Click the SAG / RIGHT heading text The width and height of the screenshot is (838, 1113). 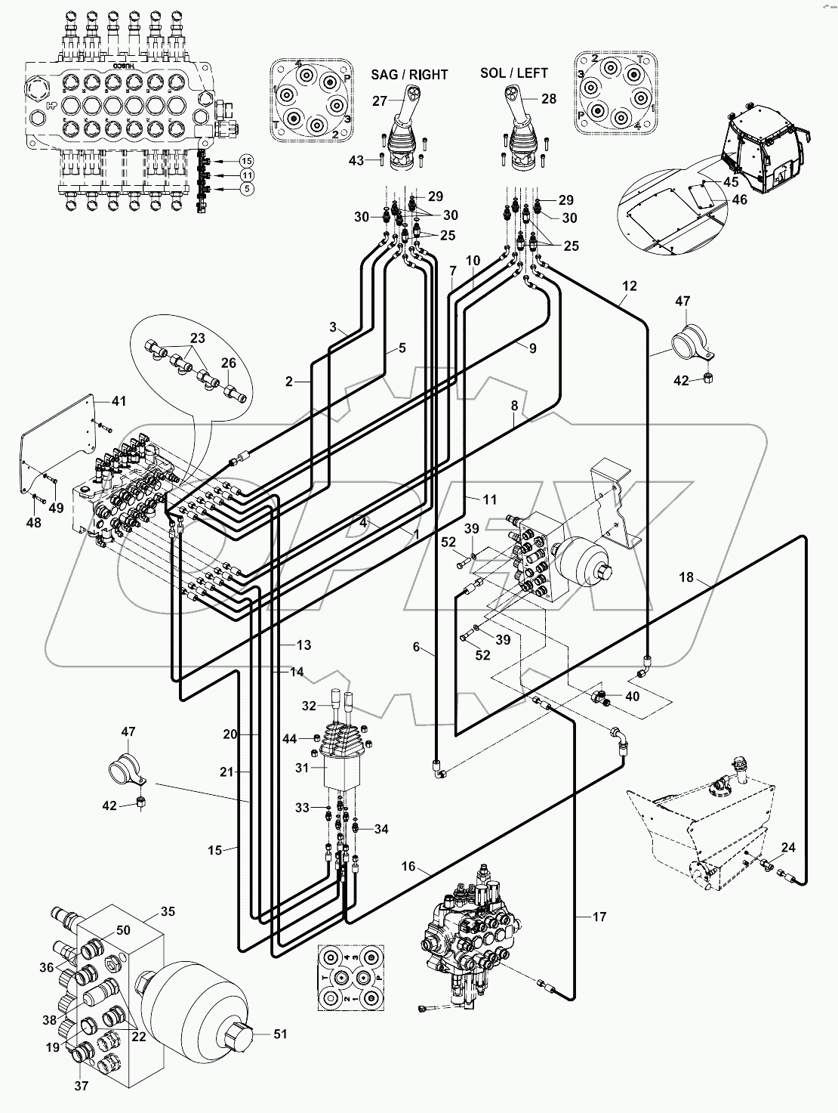point(409,74)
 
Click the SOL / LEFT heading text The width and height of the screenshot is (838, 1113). point(513,73)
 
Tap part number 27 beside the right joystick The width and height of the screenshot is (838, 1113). point(380,100)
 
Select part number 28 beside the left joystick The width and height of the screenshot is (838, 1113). point(548,99)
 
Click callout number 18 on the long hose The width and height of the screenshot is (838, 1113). point(685,578)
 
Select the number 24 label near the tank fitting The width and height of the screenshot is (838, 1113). point(787,847)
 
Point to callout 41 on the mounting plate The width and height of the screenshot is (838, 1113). point(120,400)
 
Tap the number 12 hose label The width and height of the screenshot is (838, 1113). point(630,286)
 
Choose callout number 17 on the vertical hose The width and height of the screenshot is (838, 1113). point(599,917)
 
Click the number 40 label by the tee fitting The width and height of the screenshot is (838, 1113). point(632,696)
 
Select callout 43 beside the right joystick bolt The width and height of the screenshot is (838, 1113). point(356,159)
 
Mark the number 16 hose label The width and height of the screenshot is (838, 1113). point(408,867)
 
